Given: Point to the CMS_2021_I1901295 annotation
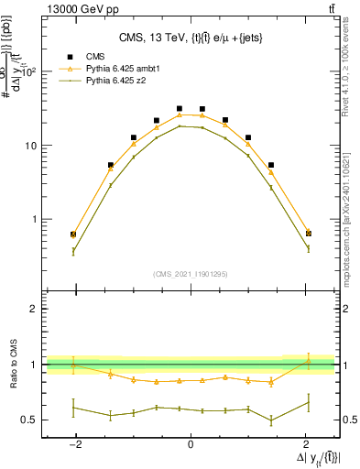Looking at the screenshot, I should (x=191, y=273).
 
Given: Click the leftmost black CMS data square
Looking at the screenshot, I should (x=73, y=234).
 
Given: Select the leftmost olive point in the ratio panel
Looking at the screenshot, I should (x=73, y=408).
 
